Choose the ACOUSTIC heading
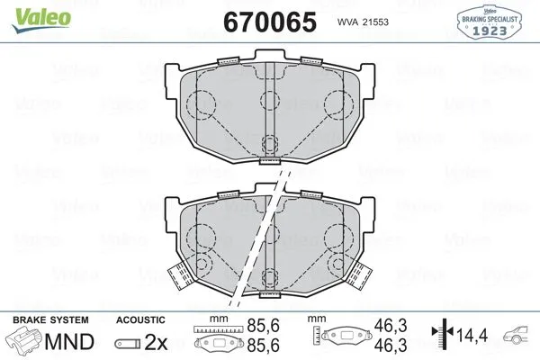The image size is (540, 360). click(x=140, y=320)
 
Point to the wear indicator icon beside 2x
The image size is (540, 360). click(x=130, y=343)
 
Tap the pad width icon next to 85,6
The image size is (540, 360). click(x=220, y=340)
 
